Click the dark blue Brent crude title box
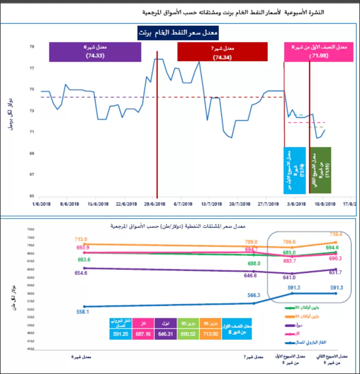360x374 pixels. (x=178, y=33)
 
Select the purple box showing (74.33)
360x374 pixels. (x=95, y=52)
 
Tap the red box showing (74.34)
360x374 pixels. (x=222, y=52)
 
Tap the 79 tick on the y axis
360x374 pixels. (x=32, y=47)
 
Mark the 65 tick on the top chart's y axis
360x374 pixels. (x=32, y=196)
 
